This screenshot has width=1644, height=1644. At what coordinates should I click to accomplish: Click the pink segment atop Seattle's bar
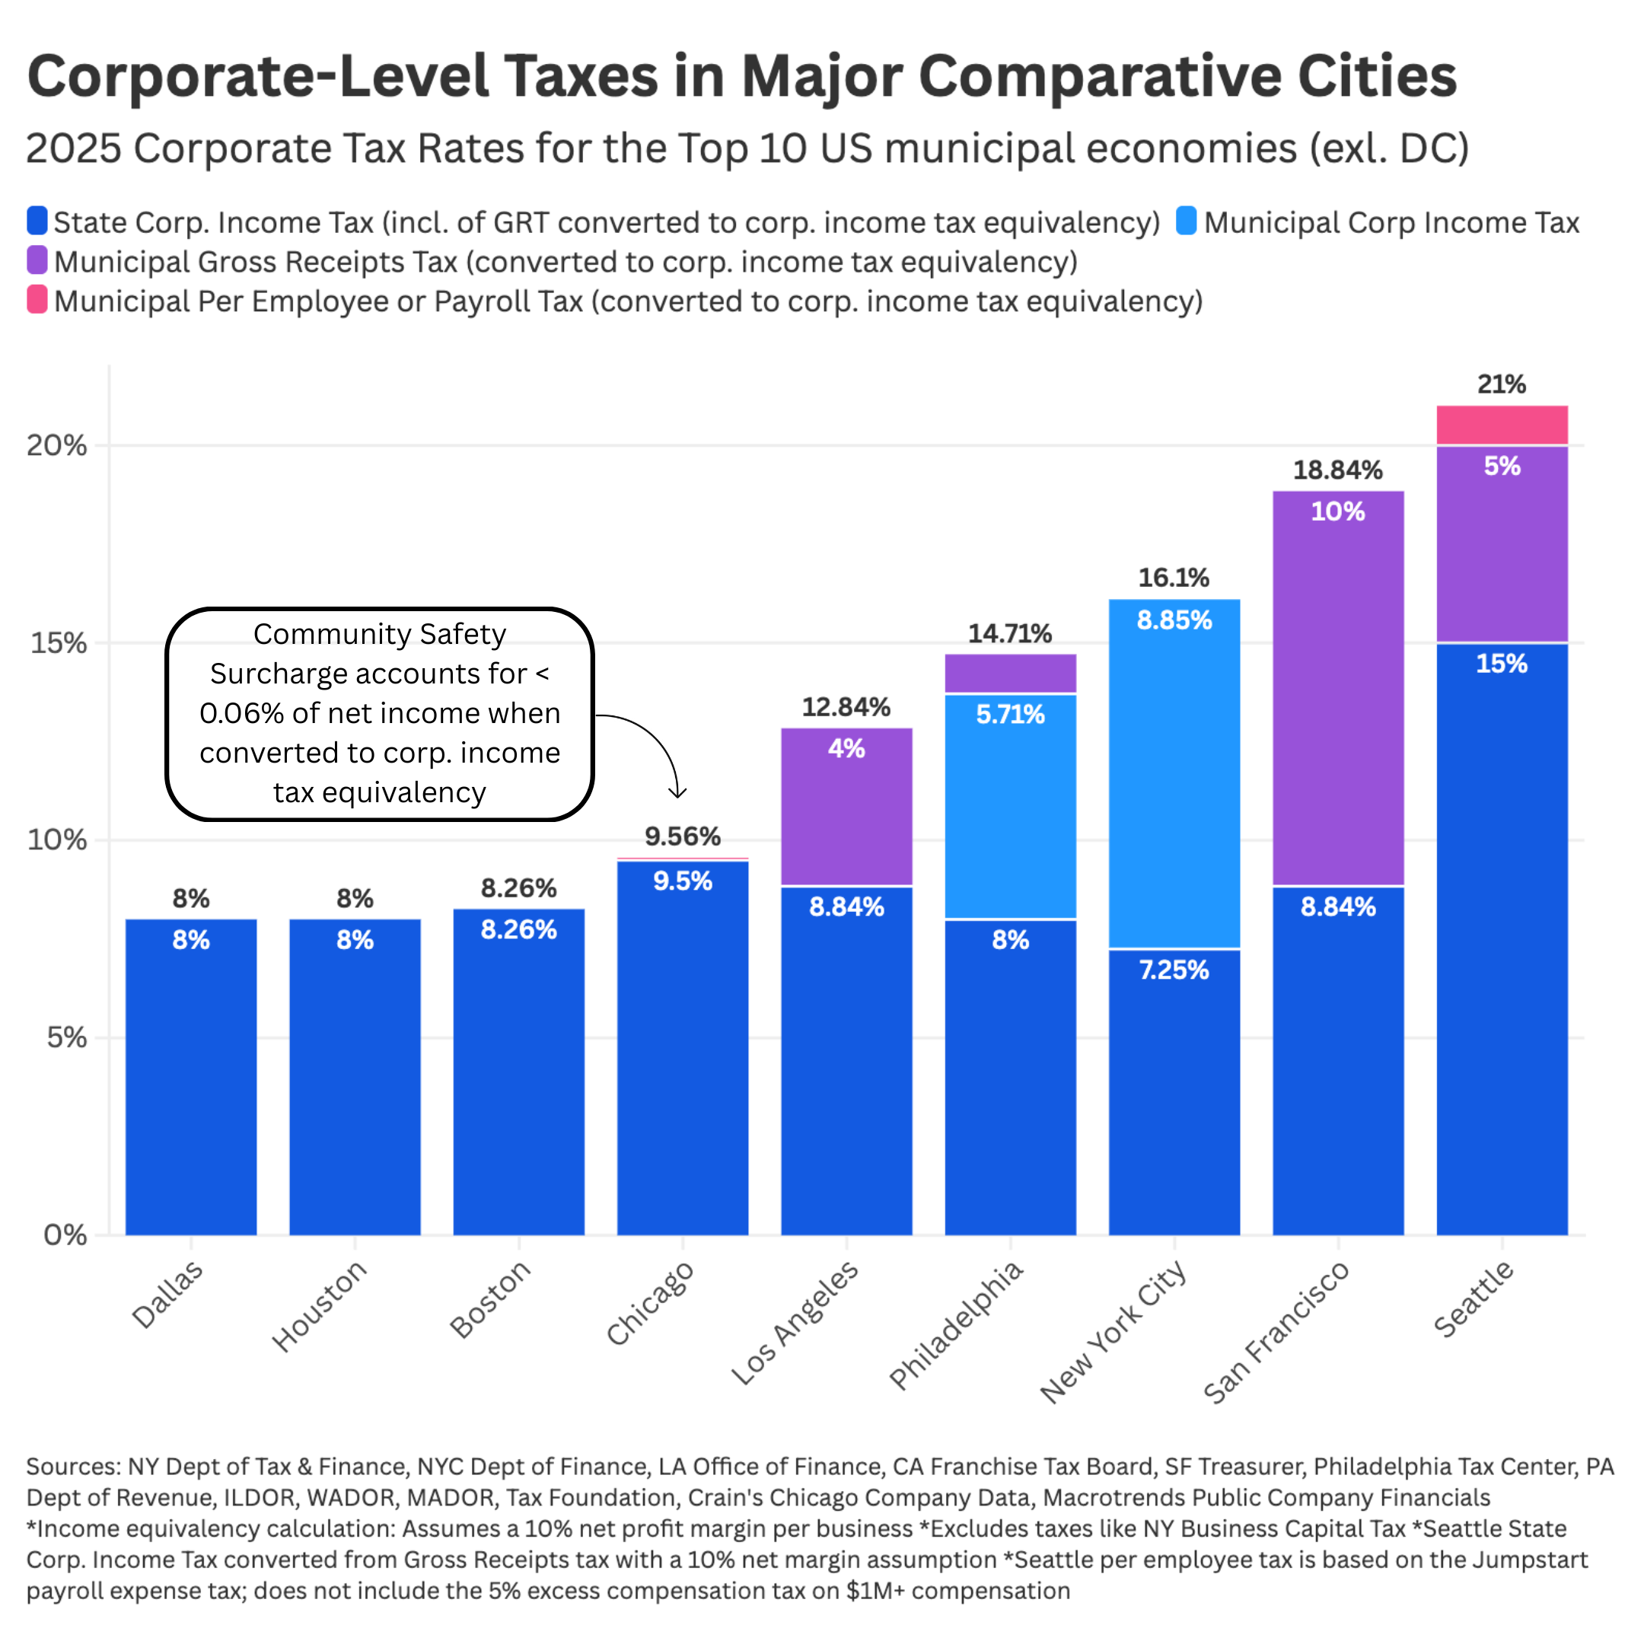pyautogui.click(x=1502, y=425)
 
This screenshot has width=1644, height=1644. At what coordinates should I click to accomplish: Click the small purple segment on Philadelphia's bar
pyautogui.click(x=1010, y=673)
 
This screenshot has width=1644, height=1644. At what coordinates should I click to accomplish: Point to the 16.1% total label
pyautogui.click(x=1174, y=578)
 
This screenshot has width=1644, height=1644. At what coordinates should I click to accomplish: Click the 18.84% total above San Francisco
pyautogui.click(x=1338, y=470)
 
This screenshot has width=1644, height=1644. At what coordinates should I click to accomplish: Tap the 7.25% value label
pyautogui.click(x=1174, y=970)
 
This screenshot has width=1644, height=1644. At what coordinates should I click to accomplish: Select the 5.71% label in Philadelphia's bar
pyautogui.click(x=1010, y=714)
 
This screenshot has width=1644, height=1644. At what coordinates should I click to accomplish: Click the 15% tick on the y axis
pyautogui.click(x=59, y=643)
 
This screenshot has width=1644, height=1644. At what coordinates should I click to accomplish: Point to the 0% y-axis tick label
pyautogui.click(x=65, y=1235)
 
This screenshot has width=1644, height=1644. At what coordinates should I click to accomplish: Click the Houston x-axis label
pyautogui.click(x=319, y=1306)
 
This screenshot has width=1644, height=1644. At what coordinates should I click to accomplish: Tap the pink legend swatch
pyautogui.click(x=37, y=300)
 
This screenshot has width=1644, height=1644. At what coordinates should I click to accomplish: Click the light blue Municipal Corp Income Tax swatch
pyautogui.click(x=1187, y=221)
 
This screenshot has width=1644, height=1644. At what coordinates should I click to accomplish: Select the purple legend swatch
pyautogui.click(x=37, y=260)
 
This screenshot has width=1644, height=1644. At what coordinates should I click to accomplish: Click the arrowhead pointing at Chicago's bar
pyautogui.click(x=677, y=794)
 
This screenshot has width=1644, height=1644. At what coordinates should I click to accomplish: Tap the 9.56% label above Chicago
pyautogui.click(x=683, y=836)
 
